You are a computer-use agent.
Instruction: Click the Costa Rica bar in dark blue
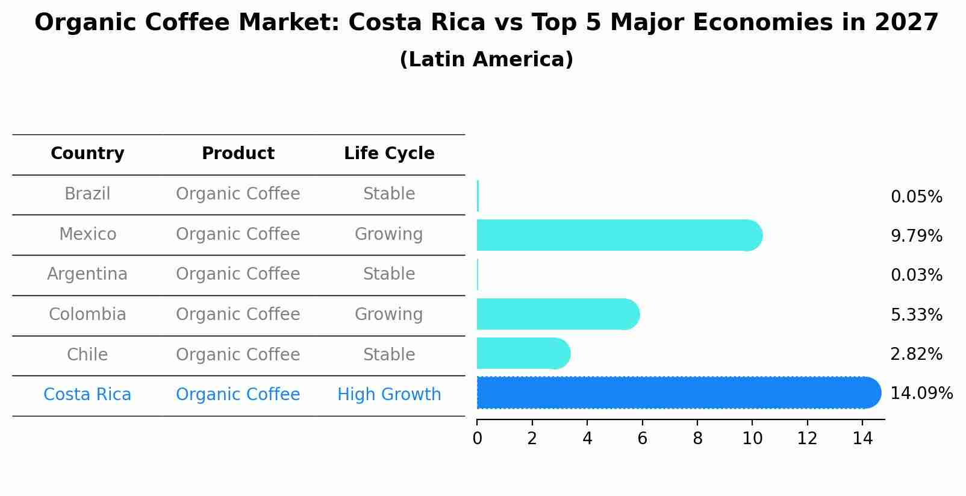[675, 393]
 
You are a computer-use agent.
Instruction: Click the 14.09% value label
[921, 394]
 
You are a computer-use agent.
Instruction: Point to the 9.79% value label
[916, 236]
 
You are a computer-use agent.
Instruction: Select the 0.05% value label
[916, 197]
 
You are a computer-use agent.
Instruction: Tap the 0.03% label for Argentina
[916, 275]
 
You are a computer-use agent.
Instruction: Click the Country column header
[87, 154]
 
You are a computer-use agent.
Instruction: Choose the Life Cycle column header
[389, 154]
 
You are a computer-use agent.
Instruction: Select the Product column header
[238, 154]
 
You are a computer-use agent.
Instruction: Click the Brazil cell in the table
[87, 194]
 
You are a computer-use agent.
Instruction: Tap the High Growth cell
[389, 395]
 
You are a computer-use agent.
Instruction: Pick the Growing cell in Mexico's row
[388, 234]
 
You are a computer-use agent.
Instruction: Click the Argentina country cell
[87, 274]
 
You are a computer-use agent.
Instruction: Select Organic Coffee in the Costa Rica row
[238, 395]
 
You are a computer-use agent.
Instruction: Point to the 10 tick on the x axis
[752, 438]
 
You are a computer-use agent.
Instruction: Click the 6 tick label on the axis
[642, 438]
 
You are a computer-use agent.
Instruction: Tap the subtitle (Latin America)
[486, 60]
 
